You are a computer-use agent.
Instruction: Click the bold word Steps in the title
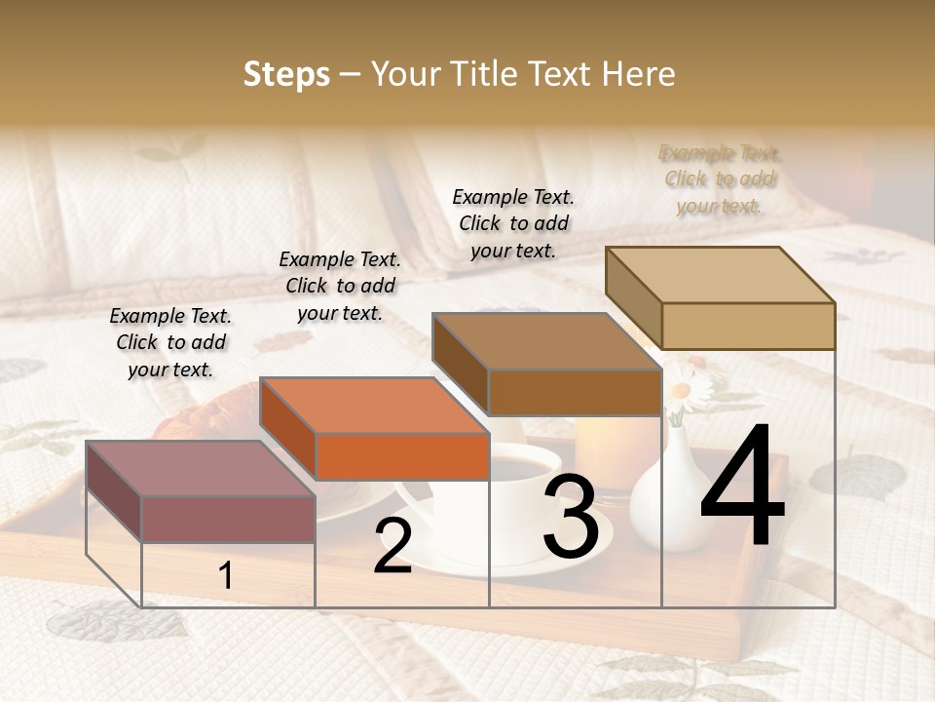click(286, 74)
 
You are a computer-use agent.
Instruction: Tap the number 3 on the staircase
click(571, 519)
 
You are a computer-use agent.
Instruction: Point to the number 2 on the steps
click(393, 546)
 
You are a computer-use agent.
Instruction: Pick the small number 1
click(225, 575)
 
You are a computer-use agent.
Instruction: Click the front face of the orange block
click(402, 456)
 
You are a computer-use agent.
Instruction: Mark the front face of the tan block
click(748, 326)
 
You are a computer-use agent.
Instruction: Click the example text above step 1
click(170, 342)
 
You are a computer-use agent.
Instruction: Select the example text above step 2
click(340, 286)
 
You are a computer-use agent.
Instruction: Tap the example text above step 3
click(513, 223)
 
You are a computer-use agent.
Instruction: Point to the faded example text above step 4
click(720, 179)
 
